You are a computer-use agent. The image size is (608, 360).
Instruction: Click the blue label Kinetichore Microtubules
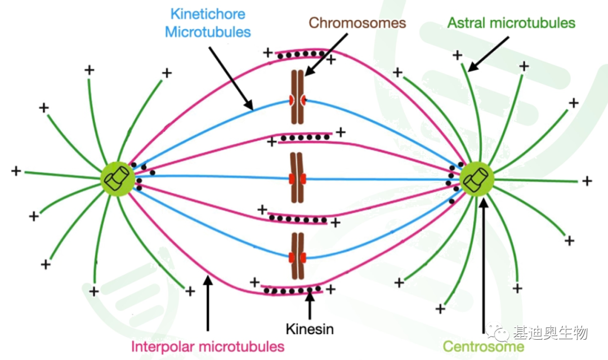(x=208, y=23)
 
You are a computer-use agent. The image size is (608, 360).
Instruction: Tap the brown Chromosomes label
(x=357, y=23)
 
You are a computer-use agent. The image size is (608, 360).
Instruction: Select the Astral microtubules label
(x=511, y=23)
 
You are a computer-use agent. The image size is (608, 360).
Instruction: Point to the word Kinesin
(x=310, y=329)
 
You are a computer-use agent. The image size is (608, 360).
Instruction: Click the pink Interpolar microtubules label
(x=208, y=346)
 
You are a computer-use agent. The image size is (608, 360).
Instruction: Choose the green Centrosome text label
(x=484, y=346)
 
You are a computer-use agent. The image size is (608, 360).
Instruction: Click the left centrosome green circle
(x=118, y=179)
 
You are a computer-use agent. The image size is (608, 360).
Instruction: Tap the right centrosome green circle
(x=477, y=179)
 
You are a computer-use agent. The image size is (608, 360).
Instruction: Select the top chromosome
(x=297, y=97)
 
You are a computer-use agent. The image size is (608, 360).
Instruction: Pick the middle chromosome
(x=297, y=178)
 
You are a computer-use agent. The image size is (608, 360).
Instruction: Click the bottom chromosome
(x=297, y=256)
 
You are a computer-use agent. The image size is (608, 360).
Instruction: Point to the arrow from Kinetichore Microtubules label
(x=231, y=78)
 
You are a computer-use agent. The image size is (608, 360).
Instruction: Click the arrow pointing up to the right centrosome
(x=483, y=265)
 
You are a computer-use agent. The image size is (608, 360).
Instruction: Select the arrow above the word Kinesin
(x=310, y=306)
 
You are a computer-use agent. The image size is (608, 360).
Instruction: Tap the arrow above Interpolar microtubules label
(x=208, y=303)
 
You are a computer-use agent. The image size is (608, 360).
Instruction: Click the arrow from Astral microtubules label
(x=488, y=54)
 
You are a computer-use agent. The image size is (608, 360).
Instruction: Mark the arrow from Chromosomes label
(x=326, y=55)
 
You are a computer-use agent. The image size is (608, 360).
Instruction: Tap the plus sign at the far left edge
(x=16, y=171)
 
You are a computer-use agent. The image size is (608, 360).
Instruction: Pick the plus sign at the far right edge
(x=587, y=181)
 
